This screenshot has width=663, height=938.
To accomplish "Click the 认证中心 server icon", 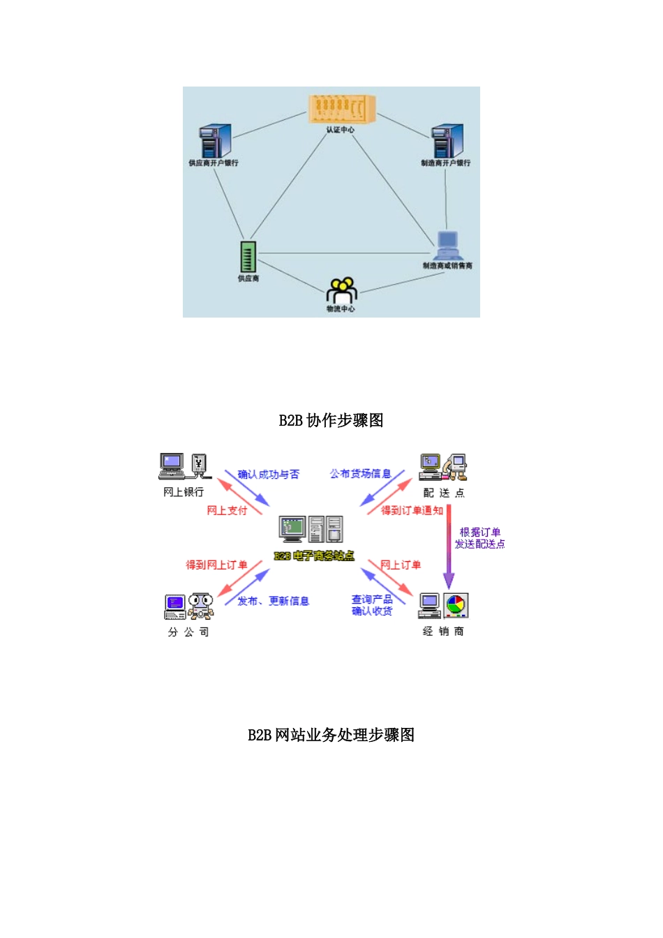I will (341, 109).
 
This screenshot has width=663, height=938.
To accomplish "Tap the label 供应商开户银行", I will (213, 163).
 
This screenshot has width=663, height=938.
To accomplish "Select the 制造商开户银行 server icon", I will (446, 141).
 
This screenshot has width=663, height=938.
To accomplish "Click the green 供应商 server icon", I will (248, 257).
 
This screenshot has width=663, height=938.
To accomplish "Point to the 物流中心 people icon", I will (341, 290).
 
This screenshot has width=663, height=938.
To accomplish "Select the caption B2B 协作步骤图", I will (331, 420).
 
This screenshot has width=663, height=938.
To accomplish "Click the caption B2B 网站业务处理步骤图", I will (331, 735).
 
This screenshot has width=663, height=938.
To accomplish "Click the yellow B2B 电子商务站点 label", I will (313, 556).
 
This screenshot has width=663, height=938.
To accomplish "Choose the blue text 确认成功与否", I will (268, 475).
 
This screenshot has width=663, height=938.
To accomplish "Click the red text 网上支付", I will (227, 511).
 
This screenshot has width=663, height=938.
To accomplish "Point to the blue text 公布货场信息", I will (360, 474).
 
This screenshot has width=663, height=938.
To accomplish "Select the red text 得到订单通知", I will (412, 511).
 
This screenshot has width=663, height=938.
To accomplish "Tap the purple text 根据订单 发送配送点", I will (479, 538).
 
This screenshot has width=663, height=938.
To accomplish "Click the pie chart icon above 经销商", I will (456, 605).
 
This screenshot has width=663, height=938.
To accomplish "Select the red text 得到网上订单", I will (216, 565).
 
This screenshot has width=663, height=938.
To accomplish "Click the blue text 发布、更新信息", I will (273, 601).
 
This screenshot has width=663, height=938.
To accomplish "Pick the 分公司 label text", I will (188, 632).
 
